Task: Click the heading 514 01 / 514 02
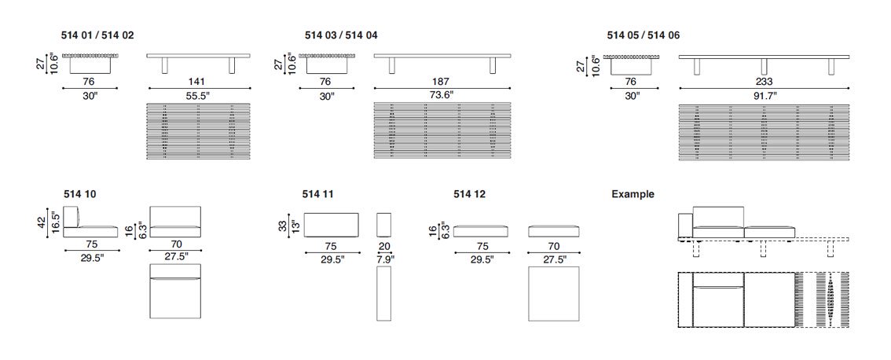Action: point(97,35)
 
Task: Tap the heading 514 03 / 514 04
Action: point(341,35)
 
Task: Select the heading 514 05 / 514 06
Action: point(643,35)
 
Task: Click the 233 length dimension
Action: point(764,82)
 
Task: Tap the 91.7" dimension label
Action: point(764,96)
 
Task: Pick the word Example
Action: point(632,194)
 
